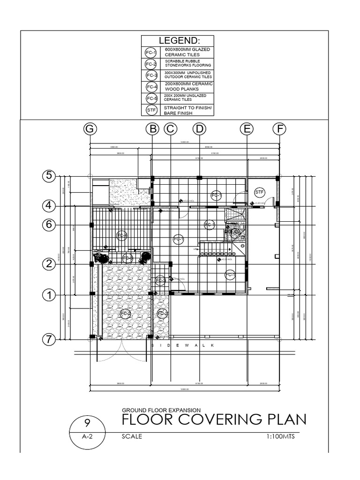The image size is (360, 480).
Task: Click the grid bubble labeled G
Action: [90, 129]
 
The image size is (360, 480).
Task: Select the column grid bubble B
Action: [152, 129]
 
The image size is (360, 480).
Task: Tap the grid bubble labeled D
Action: [199, 129]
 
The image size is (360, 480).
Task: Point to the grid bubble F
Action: [279, 129]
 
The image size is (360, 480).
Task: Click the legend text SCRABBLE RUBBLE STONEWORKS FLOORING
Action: [187, 63]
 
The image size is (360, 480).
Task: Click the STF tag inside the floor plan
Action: [260, 192]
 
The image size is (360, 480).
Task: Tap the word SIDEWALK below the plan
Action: [182, 345]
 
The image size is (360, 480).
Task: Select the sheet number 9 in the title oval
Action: [87, 422]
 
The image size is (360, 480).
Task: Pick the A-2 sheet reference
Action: [87, 436]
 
